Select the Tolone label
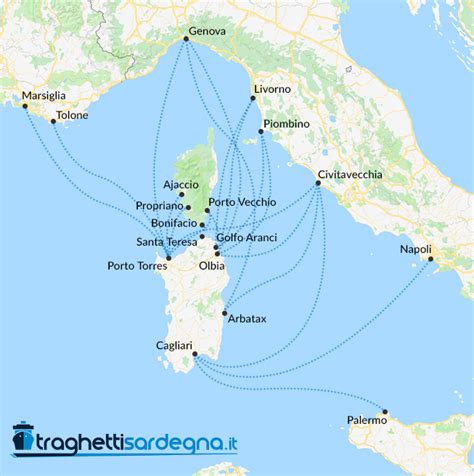[x=72, y=115]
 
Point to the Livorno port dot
[x=252, y=99]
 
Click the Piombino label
[x=288, y=123]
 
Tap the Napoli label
[x=415, y=249]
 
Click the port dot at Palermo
[x=385, y=411]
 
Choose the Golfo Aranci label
[x=246, y=237]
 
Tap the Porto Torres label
[x=136, y=266]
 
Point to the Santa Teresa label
[x=166, y=242]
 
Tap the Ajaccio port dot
[x=182, y=194]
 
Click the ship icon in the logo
[x=24, y=438]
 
